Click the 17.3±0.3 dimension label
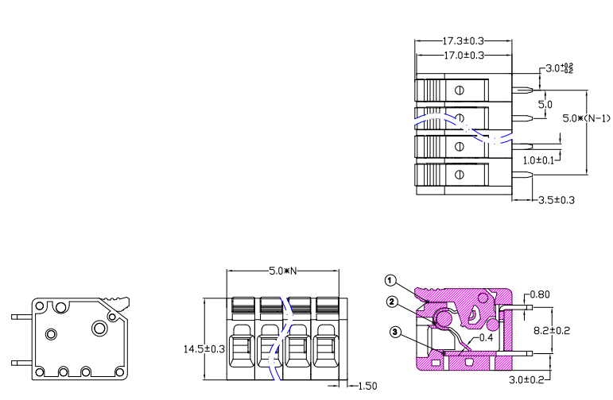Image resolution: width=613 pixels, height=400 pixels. (x=463, y=40)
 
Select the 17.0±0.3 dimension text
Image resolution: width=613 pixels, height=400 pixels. (x=464, y=56)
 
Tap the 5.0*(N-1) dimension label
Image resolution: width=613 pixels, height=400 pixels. (x=586, y=118)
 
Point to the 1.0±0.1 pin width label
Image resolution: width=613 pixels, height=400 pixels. (x=538, y=160)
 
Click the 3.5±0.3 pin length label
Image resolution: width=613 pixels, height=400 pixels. (x=557, y=200)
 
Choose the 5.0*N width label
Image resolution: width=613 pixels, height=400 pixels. (x=283, y=271)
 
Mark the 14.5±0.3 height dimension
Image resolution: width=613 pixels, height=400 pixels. (x=204, y=349)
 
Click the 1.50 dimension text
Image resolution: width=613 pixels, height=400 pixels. (x=367, y=386)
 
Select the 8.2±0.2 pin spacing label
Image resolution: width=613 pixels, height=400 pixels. (x=552, y=330)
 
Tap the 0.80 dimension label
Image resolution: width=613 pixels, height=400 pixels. (x=541, y=294)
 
